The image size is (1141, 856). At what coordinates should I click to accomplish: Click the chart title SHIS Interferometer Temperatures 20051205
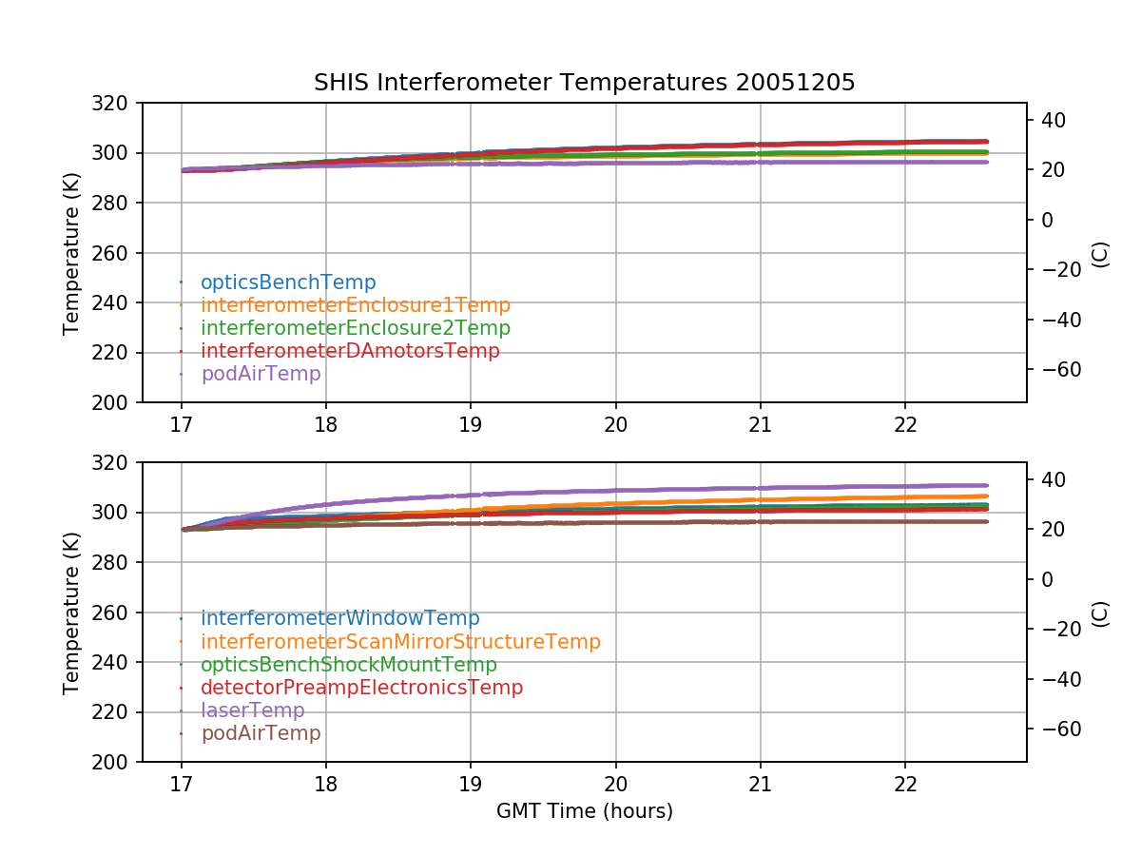point(584,83)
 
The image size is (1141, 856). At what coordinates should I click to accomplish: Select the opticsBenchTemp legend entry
point(288,282)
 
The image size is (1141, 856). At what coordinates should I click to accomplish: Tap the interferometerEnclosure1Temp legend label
point(356,305)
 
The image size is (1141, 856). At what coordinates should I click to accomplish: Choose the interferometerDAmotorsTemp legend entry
point(350,351)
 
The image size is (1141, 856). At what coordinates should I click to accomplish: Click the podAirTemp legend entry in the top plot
point(261,374)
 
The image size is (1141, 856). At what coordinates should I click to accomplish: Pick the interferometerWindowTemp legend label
point(340,619)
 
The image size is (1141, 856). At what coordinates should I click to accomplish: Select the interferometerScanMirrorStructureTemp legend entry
point(400,642)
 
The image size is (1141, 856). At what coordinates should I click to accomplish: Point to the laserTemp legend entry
point(253,710)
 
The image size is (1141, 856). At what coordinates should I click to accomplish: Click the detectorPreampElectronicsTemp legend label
point(361,688)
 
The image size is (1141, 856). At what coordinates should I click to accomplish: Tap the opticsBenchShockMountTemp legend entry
point(349,665)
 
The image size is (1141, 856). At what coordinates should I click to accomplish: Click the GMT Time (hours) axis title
point(584,811)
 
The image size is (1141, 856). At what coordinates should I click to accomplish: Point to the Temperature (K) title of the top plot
point(71,253)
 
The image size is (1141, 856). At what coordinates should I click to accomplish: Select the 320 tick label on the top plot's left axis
point(118,103)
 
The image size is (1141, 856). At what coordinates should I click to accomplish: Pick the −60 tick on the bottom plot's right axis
point(1054,729)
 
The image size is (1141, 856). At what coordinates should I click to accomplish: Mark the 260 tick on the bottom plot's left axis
point(118,613)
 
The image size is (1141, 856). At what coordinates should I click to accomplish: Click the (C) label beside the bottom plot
point(1100,613)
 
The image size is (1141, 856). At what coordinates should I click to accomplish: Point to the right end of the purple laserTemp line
point(987,485)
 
